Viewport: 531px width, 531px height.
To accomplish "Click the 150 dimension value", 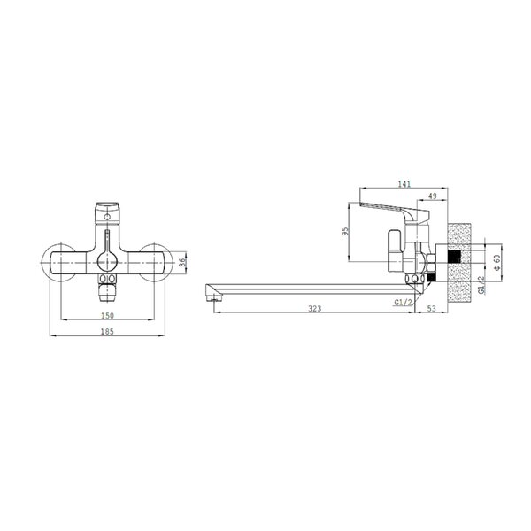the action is point(107,315).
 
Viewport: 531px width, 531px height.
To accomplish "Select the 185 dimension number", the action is point(107,332).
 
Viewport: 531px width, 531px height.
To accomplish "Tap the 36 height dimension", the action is point(182,262).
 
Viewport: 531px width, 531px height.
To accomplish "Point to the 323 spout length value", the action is point(314,309).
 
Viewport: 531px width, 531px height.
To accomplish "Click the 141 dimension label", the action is point(404,184).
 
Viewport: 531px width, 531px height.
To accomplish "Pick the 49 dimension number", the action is point(433,196).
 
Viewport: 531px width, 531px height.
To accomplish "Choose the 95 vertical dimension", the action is point(345,232).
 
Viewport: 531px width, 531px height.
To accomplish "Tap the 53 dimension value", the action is point(432,309).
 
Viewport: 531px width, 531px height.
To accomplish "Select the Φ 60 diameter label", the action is point(497,262).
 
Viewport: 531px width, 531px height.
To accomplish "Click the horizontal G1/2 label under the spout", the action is point(404,302).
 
